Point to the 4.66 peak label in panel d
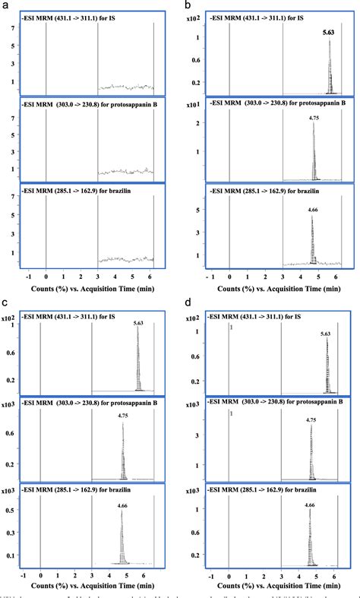click(x=310, y=505)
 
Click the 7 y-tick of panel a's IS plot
click(x=16, y=28)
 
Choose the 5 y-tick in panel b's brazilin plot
click(x=199, y=210)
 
